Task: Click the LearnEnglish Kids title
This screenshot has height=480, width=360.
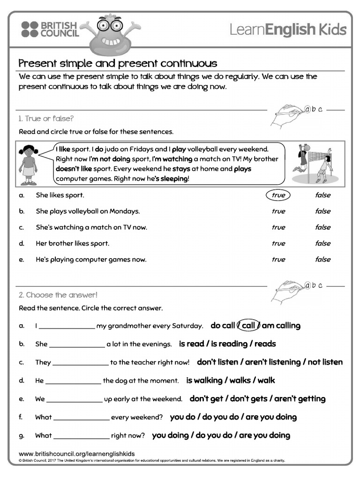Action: click(x=288, y=30)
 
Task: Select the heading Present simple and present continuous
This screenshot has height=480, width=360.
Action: click(x=117, y=63)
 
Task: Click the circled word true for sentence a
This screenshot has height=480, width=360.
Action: click(x=278, y=195)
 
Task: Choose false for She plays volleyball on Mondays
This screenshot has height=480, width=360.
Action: click(x=322, y=211)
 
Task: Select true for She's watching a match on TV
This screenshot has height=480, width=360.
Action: click(x=278, y=227)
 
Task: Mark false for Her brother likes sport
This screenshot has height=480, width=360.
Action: click(x=322, y=243)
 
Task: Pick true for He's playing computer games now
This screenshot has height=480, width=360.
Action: click(x=278, y=259)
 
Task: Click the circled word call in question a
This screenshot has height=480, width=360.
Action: click(x=248, y=325)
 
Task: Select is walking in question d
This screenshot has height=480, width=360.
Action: click(x=203, y=380)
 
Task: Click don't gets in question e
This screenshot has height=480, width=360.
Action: click(x=249, y=398)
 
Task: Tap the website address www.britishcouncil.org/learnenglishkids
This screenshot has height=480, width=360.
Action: click(x=76, y=454)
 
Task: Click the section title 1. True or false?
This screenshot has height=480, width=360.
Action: click(x=46, y=119)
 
